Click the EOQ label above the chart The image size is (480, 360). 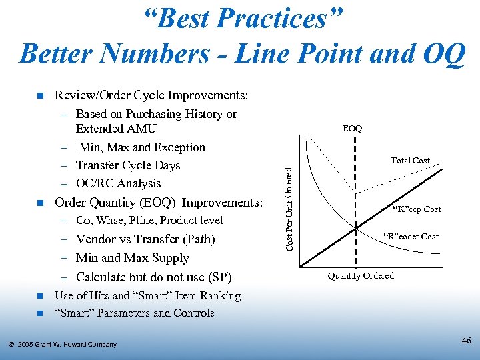(353, 128)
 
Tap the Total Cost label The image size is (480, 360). (410, 160)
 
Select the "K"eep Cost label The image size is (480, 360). (417, 209)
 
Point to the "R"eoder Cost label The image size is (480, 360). (411, 236)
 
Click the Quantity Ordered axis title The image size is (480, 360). (361, 276)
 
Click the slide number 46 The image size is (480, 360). (466, 341)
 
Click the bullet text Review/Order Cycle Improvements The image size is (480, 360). (151, 96)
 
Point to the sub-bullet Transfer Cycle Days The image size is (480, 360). (128, 165)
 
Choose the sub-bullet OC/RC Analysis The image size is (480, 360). (119, 183)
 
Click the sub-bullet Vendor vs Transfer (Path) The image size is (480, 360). (145, 239)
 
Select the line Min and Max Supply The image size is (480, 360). (133, 258)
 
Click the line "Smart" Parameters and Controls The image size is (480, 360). (135, 313)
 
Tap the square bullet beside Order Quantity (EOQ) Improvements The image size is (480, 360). (39, 203)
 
